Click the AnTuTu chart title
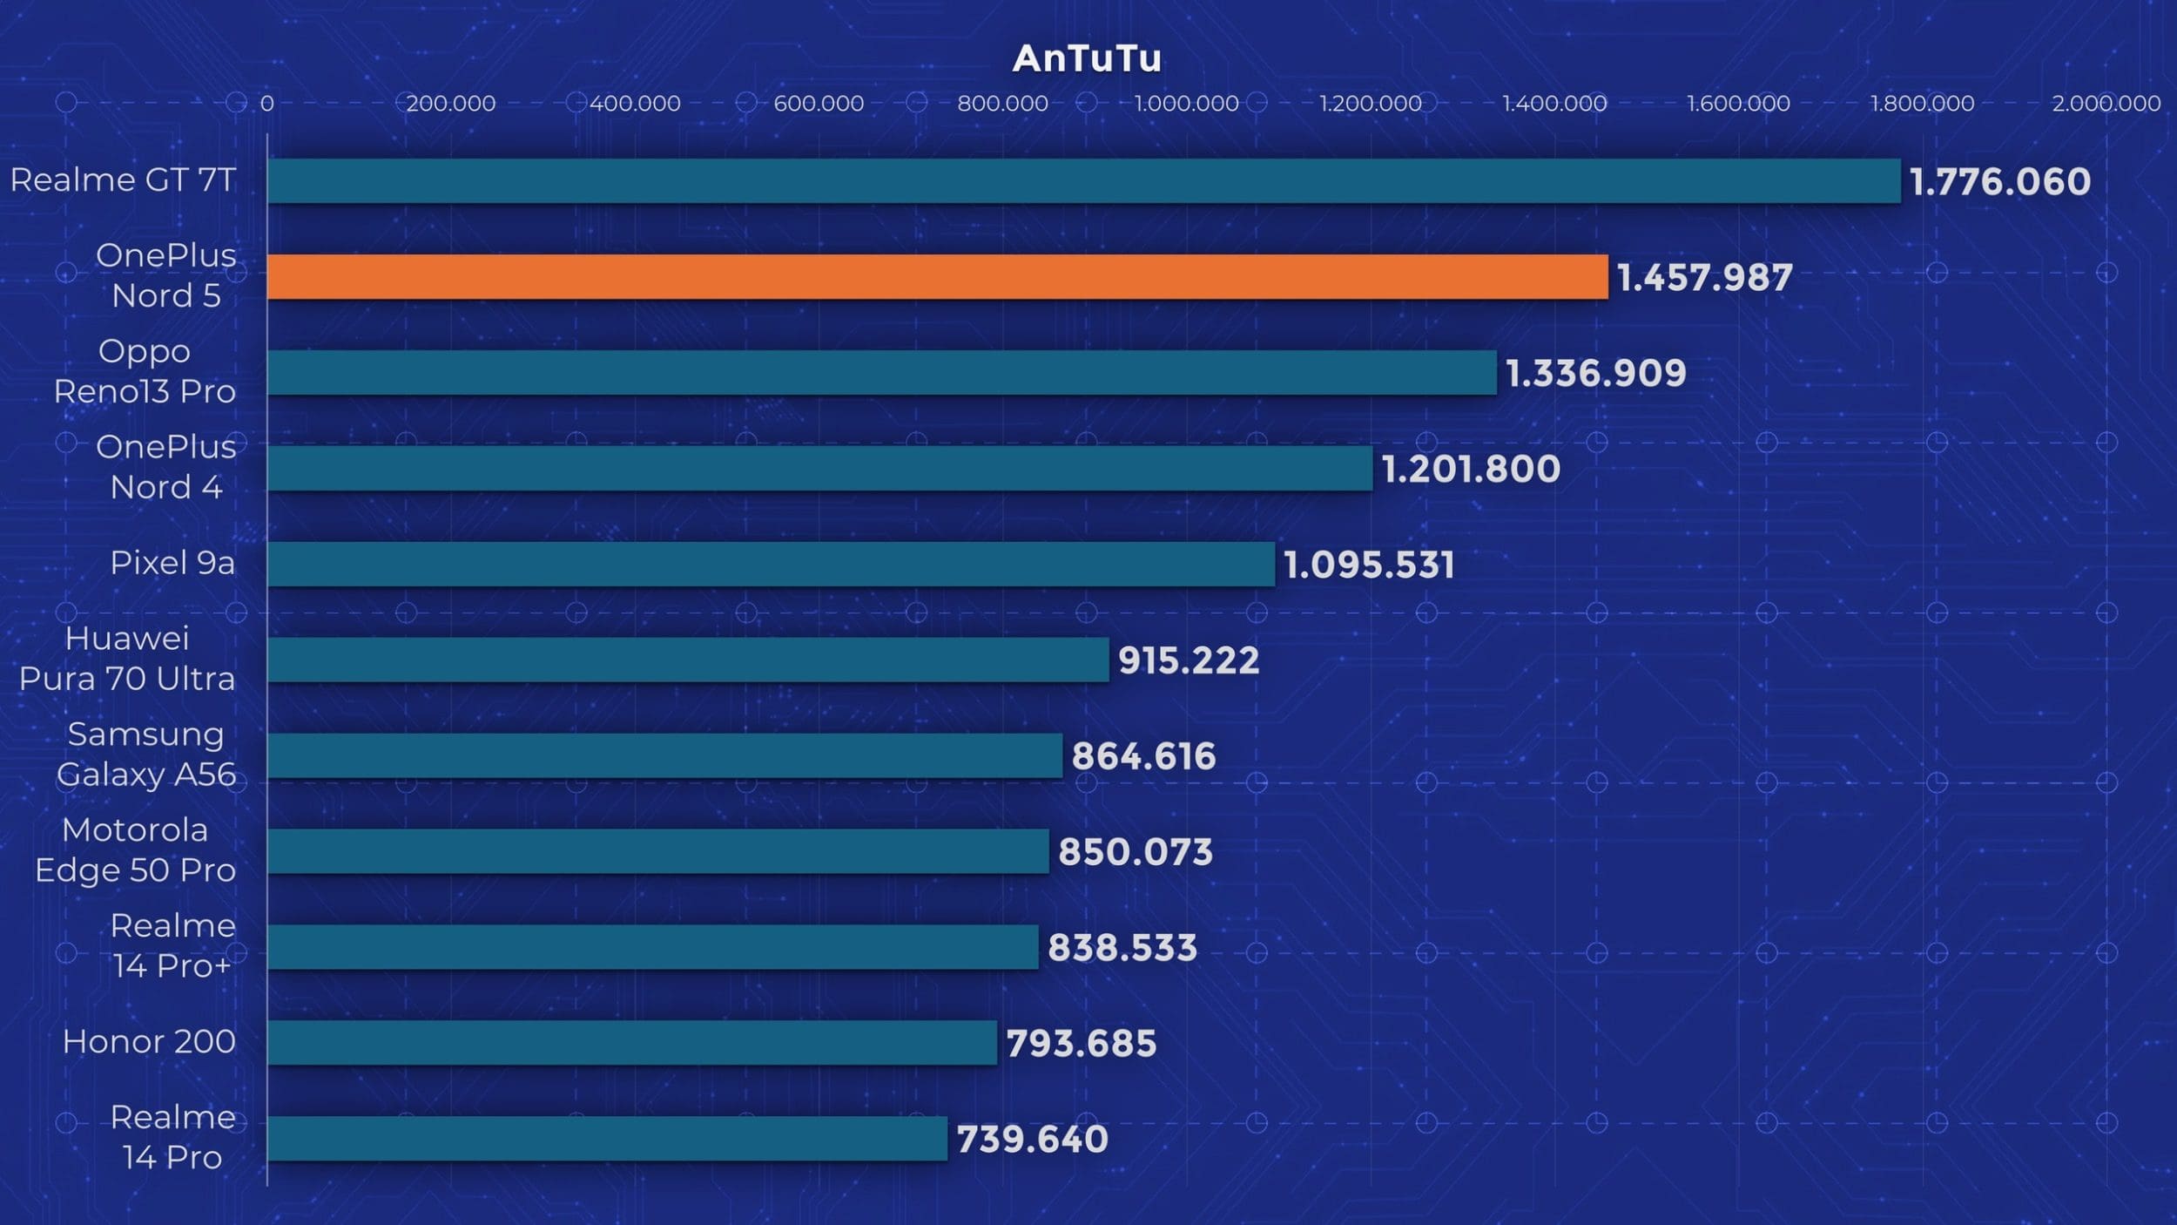point(1087,59)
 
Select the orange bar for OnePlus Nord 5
point(937,277)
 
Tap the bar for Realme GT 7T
point(1083,181)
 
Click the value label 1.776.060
point(1999,182)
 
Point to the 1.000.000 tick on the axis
point(1186,104)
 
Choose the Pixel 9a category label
point(172,563)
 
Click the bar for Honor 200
point(631,1043)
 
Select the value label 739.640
point(1032,1140)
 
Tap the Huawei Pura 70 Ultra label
point(127,659)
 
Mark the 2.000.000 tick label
point(2106,104)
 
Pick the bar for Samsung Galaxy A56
point(664,755)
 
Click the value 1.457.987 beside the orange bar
point(1704,278)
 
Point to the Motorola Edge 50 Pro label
point(135,850)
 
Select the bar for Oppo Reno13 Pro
point(881,373)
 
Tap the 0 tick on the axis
point(267,104)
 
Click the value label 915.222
point(1188,660)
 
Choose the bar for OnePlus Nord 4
point(819,469)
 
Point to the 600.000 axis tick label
point(819,104)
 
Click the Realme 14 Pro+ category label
point(172,946)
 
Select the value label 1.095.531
point(1369,565)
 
